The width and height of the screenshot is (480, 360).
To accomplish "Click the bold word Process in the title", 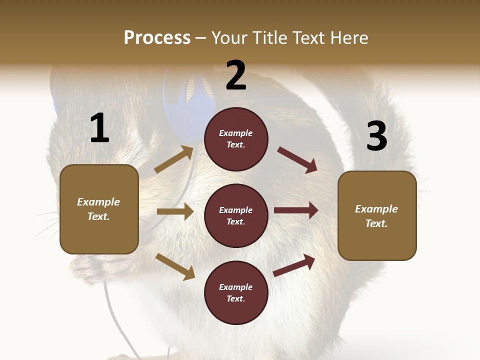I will click(x=157, y=37).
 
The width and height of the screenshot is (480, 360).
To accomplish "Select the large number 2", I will click(x=236, y=75).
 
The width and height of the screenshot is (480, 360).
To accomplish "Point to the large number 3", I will click(x=376, y=136).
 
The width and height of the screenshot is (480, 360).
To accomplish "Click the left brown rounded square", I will click(x=99, y=209).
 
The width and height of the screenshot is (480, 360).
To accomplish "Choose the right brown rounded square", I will click(x=377, y=215).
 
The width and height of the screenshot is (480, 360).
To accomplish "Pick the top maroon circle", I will click(x=236, y=139).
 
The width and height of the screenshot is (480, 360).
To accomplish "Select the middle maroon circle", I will click(x=236, y=215).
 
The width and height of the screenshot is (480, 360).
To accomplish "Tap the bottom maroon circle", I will click(x=236, y=292).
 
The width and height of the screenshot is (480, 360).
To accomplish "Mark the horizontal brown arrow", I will click(x=175, y=211).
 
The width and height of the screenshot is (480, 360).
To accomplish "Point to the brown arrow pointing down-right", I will click(x=175, y=266).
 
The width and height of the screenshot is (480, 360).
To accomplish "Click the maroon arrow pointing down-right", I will click(x=297, y=160).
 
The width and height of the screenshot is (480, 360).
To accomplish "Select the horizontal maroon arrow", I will click(x=296, y=210).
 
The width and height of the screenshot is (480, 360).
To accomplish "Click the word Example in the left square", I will click(x=98, y=202).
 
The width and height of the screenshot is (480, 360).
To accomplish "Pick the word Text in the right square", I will click(x=375, y=223).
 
